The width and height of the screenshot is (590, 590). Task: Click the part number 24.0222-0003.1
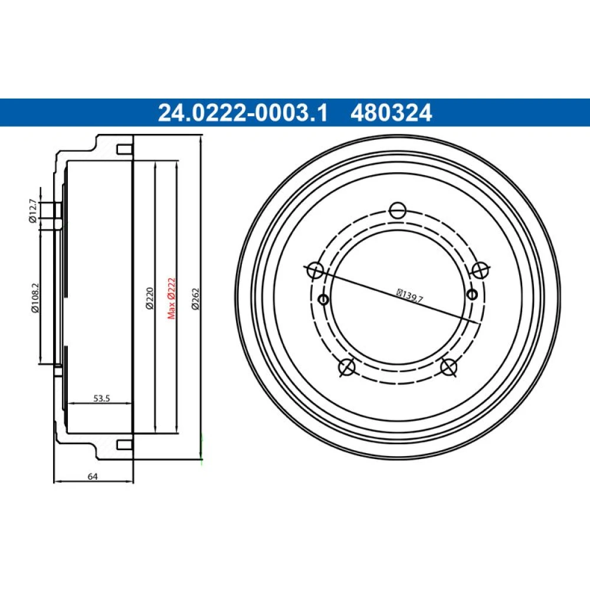[243, 113]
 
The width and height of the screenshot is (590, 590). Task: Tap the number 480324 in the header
[391, 113]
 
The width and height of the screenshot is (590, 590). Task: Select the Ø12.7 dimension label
[33, 211]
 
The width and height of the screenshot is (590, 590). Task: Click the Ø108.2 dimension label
[35, 297]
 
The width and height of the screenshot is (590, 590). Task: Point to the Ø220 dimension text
[150, 298]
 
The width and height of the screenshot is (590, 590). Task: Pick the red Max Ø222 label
[171, 299]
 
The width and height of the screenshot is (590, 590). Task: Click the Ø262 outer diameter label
[195, 299]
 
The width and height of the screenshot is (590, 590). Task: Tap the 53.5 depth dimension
[101, 398]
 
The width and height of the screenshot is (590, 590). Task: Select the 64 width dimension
[93, 476]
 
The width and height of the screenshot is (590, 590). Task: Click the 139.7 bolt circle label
[410, 296]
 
